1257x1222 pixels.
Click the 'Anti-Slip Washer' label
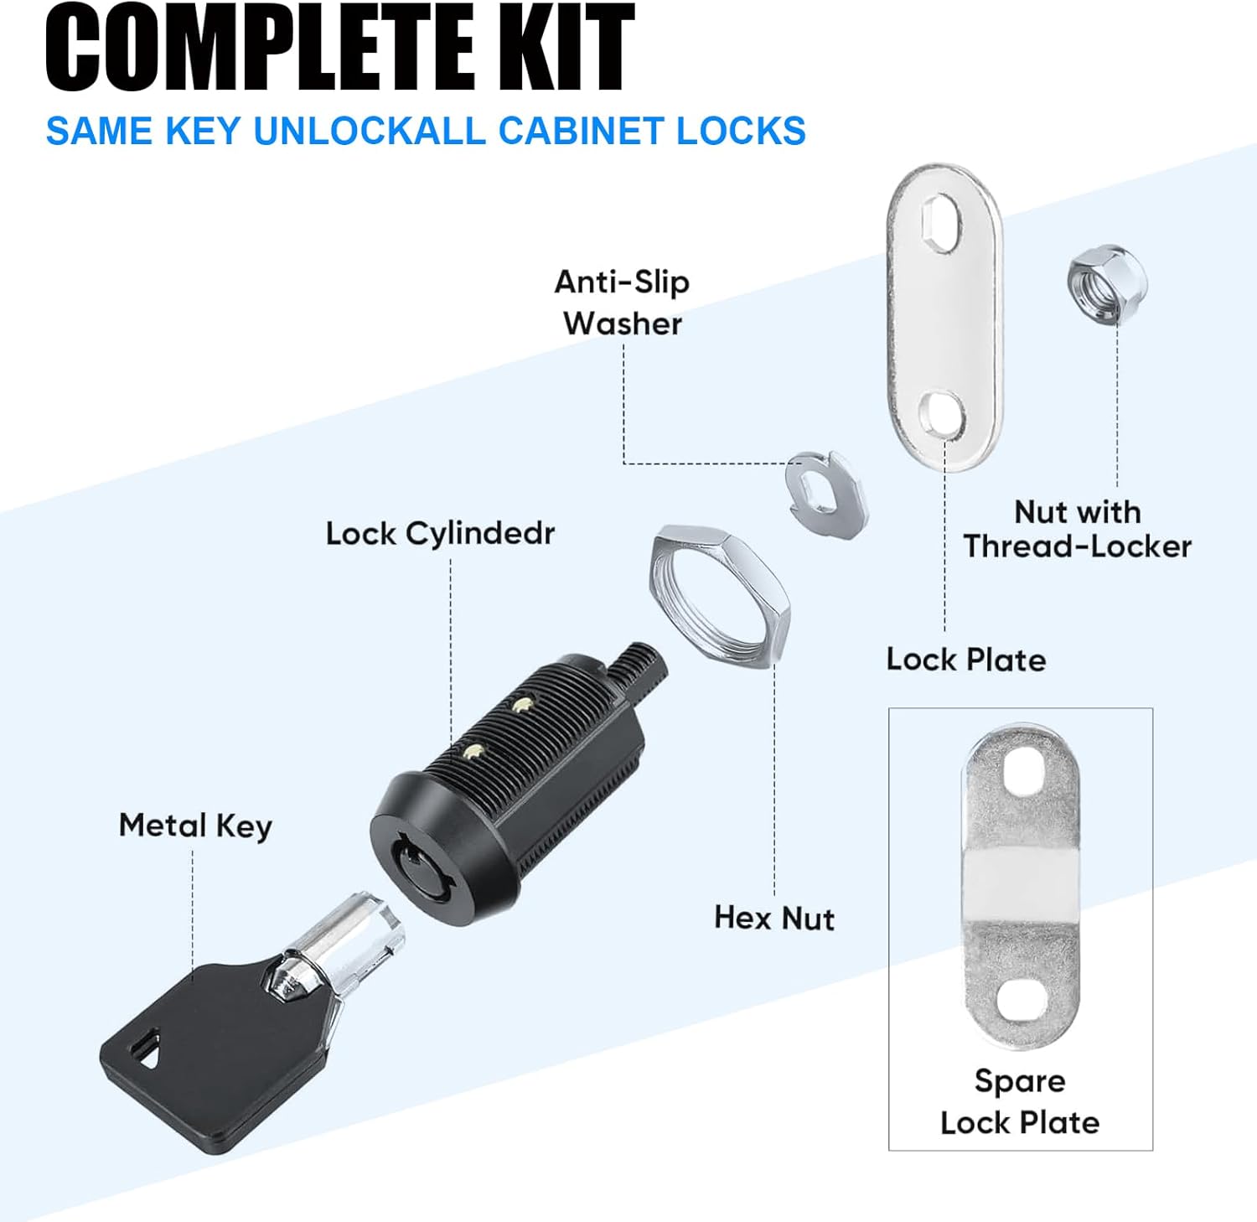(x=622, y=303)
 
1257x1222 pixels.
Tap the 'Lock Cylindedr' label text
(x=440, y=533)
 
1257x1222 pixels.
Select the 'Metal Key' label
(x=195, y=826)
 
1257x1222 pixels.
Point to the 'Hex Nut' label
(x=774, y=918)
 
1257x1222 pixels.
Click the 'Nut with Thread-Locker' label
(x=1077, y=529)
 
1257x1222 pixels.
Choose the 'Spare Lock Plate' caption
(x=1020, y=1101)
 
